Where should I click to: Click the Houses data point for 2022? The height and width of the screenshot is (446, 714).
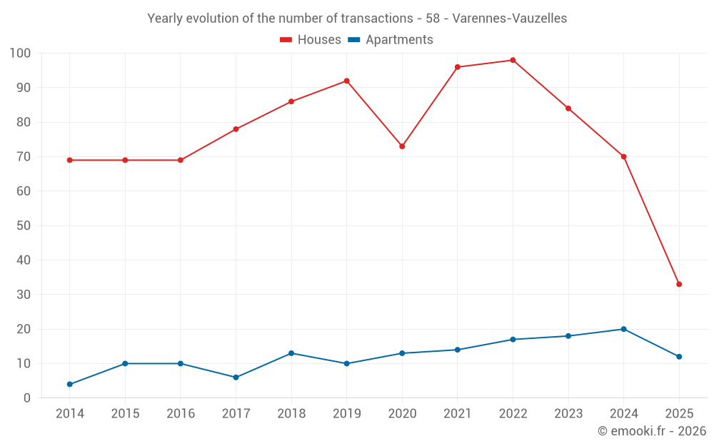pyautogui.click(x=513, y=60)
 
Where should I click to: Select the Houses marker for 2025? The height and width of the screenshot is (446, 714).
pyautogui.click(x=679, y=284)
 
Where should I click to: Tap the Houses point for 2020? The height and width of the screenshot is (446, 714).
pyautogui.click(x=402, y=146)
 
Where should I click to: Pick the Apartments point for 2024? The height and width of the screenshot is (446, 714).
pyautogui.click(x=623, y=329)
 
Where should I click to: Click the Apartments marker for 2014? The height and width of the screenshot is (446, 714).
pyautogui.click(x=69, y=384)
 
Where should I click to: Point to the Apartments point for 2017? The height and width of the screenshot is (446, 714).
pyautogui.click(x=236, y=377)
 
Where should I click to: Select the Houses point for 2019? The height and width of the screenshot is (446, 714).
pyautogui.click(x=346, y=81)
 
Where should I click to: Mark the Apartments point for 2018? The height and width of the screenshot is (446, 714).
pyautogui.click(x=291, y=353)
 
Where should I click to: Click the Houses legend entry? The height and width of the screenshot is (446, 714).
pyautogui.click(x=311, y=40)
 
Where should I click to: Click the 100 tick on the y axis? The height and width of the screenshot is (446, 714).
pyautogui.click(x=20, y=54)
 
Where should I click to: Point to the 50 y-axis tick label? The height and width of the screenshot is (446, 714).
pyautogui.click(x=24, y=225)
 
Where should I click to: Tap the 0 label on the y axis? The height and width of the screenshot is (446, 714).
pyautogui.click(x=27, y=398)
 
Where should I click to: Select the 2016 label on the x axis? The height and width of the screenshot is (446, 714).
pyautogui.click(x=180, y=414)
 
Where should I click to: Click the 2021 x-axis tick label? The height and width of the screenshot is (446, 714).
pyautogui.click(x=457, y=414)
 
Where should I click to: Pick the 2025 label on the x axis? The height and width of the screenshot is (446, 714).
pyautogui.click(x=679, y=414)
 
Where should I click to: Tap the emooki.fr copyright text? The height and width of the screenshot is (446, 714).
pyautogui.click(x=651, y=431)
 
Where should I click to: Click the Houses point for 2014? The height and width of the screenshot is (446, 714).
pyautogui.click(x=69, y=160)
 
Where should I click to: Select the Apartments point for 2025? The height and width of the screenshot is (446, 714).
pyautogui.click(x=679, y=357)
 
